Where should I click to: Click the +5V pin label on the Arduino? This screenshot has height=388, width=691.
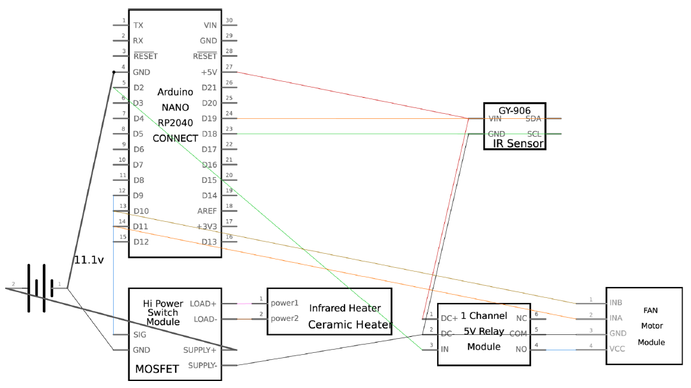[209, 72]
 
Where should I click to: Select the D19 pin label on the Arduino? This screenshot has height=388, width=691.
[209, 118]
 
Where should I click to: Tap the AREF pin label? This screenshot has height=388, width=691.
[208, 211]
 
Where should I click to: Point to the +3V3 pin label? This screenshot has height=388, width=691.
[207, 226]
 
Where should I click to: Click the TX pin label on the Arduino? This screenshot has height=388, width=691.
[138, 26]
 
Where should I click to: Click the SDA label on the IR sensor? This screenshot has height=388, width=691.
[534, 119]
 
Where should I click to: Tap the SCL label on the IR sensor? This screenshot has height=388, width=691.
[534, 134]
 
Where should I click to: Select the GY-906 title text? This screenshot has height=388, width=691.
[515, 110]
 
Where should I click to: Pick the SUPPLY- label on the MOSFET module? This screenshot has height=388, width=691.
[200, 366]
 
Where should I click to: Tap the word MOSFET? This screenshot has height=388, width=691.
[156, 369]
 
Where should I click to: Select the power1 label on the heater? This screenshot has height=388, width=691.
[284, 303]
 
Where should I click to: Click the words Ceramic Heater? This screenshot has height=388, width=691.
[350, 325]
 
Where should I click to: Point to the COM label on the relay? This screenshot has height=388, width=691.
[518, 334]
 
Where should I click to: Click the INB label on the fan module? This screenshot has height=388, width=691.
[615, 302]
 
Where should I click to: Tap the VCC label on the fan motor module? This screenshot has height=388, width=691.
[616, 349]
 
